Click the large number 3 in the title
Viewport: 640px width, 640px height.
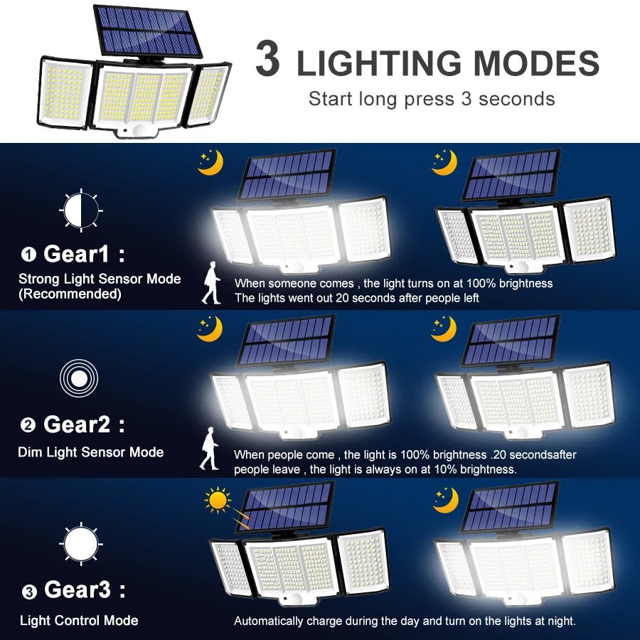click(x=267, y=60)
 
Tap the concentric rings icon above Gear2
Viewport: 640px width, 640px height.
click(x=79, y=378)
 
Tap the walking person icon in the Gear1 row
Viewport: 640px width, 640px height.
click(x=211, y=283)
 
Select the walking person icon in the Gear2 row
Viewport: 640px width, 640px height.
click(x=209, y=449)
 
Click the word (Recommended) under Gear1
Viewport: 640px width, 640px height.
click(x=70, y=294)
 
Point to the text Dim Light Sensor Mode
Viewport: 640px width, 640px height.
click(x=91, y=452)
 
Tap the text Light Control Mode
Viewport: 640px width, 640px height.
click(x=79, y=621)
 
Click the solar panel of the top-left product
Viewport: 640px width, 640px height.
click(x=147, y=31)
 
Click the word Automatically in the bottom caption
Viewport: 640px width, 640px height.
click(x=271, y=621)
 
